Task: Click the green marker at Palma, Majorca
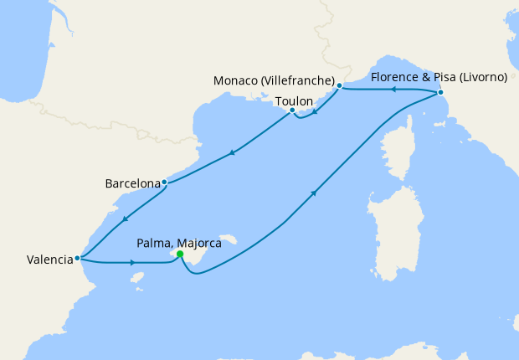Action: point(180,255)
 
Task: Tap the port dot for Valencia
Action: point(77,259)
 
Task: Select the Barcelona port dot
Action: point(164,182)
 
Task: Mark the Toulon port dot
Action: point(291,111)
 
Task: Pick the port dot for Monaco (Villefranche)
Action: point(339,85)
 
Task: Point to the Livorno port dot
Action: point(440,93)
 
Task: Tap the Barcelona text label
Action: point(132,183)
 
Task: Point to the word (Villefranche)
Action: point(299,80)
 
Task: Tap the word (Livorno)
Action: point(480,78)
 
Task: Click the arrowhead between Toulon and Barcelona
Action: point(230,153)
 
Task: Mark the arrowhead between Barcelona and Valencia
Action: point(124,219)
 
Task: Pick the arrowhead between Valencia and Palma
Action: point(132,263)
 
